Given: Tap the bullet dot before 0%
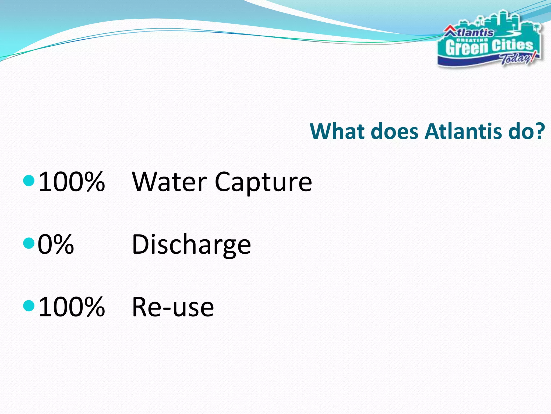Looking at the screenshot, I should tap(29, 243).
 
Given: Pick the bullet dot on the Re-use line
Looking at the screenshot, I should tap(29, 306).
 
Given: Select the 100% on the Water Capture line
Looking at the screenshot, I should tap(71, 182).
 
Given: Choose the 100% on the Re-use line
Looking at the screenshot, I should tap(71, 307).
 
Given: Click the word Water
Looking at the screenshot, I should tap(169, 182).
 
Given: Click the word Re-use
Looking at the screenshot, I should tap(173, 307).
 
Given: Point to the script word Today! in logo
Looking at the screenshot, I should tap(518, 58).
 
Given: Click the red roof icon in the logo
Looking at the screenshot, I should tap(449, 31).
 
